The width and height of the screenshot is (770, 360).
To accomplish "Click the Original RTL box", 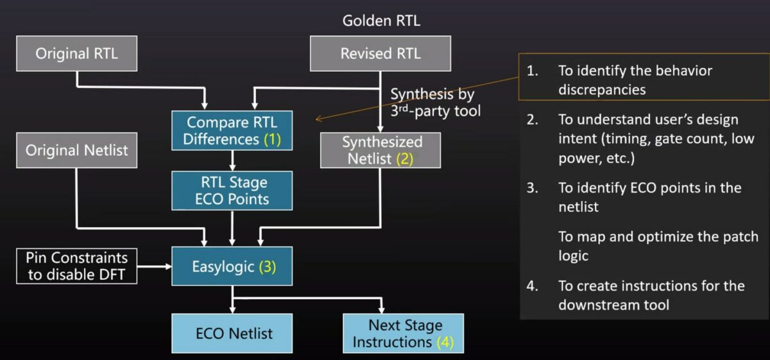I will pos(76,53).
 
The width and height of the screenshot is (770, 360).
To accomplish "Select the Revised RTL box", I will pos(381,53).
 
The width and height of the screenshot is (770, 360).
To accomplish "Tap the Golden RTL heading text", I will pos(381,21).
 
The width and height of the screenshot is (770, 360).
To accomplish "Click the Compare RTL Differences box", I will pos(232,130).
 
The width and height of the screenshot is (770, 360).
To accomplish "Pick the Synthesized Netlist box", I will pos(381,150).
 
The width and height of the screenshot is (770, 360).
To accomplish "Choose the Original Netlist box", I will pos(76,150).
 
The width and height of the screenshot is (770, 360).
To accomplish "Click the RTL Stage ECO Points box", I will pos(232,191).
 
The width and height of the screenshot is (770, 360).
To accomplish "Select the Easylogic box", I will pos(232,266).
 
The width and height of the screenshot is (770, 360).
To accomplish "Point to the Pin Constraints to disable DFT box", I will pos(76,266).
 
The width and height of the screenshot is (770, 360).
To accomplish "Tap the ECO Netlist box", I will pos(232,333).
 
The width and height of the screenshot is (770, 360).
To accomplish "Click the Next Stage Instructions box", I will pos(402,333).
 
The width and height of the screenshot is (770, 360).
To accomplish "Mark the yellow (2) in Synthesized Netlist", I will pos(405,159).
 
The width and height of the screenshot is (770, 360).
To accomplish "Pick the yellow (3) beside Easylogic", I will pos(267,266).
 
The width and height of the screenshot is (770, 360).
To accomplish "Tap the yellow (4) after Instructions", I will pos(445,342).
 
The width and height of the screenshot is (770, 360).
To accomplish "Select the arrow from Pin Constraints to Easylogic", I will pos(154,266).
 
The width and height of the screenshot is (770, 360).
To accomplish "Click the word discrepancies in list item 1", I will pos(601,90).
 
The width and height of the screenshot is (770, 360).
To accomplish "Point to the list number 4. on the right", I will pos(532,286).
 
